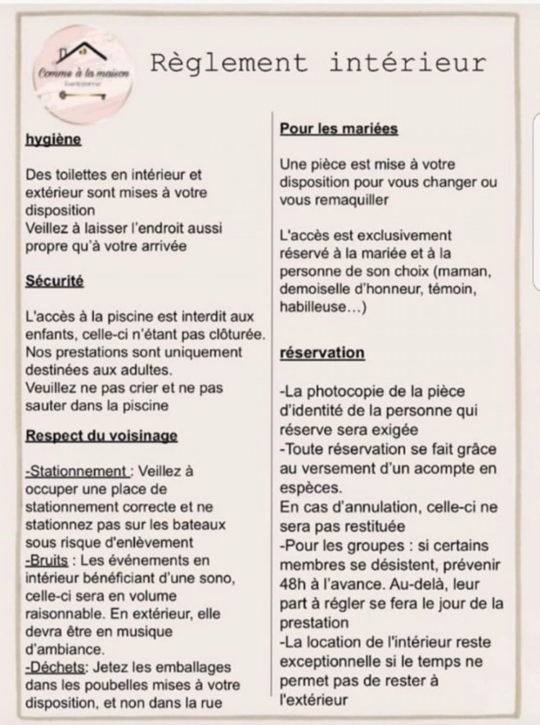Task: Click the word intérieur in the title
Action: tap(408, 63)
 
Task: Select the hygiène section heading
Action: tap(53, 140)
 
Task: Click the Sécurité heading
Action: tap(54, 281)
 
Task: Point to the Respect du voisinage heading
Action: tap(102, 436)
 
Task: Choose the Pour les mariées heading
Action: tap(339, 129)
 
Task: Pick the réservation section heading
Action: tap(322, 353)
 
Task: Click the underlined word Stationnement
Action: tap(77, 471)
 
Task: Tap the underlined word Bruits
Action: tap(47, 560)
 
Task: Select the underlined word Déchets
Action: tap(55, 667)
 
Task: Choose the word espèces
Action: tap(310, 488)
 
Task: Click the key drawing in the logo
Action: tap(83, 96)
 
